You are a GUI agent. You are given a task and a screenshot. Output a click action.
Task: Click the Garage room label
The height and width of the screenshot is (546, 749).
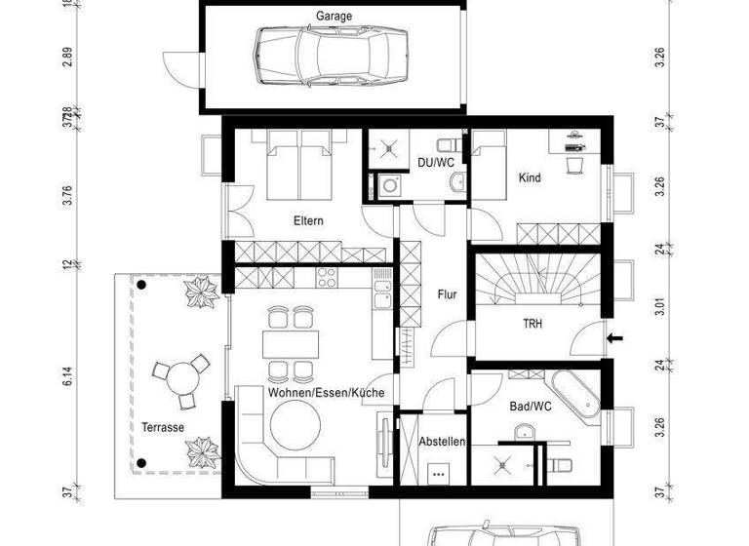(334, 16)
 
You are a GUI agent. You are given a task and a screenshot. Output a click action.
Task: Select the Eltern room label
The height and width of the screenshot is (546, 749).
(308, 221)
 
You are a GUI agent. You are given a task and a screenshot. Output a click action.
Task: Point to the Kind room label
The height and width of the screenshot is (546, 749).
(530, 178)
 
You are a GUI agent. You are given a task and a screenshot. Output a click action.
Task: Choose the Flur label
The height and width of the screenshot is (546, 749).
(447, 293)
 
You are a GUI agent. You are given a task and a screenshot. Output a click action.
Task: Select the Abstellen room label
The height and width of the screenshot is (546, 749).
(443, 442)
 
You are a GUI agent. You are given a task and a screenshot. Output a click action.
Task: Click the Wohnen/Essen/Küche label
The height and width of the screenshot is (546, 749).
(326, 393)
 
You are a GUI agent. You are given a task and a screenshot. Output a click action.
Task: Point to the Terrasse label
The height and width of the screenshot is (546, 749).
(162, 428)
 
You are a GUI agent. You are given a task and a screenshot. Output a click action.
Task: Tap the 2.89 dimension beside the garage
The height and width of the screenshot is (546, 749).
(68, 57)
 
